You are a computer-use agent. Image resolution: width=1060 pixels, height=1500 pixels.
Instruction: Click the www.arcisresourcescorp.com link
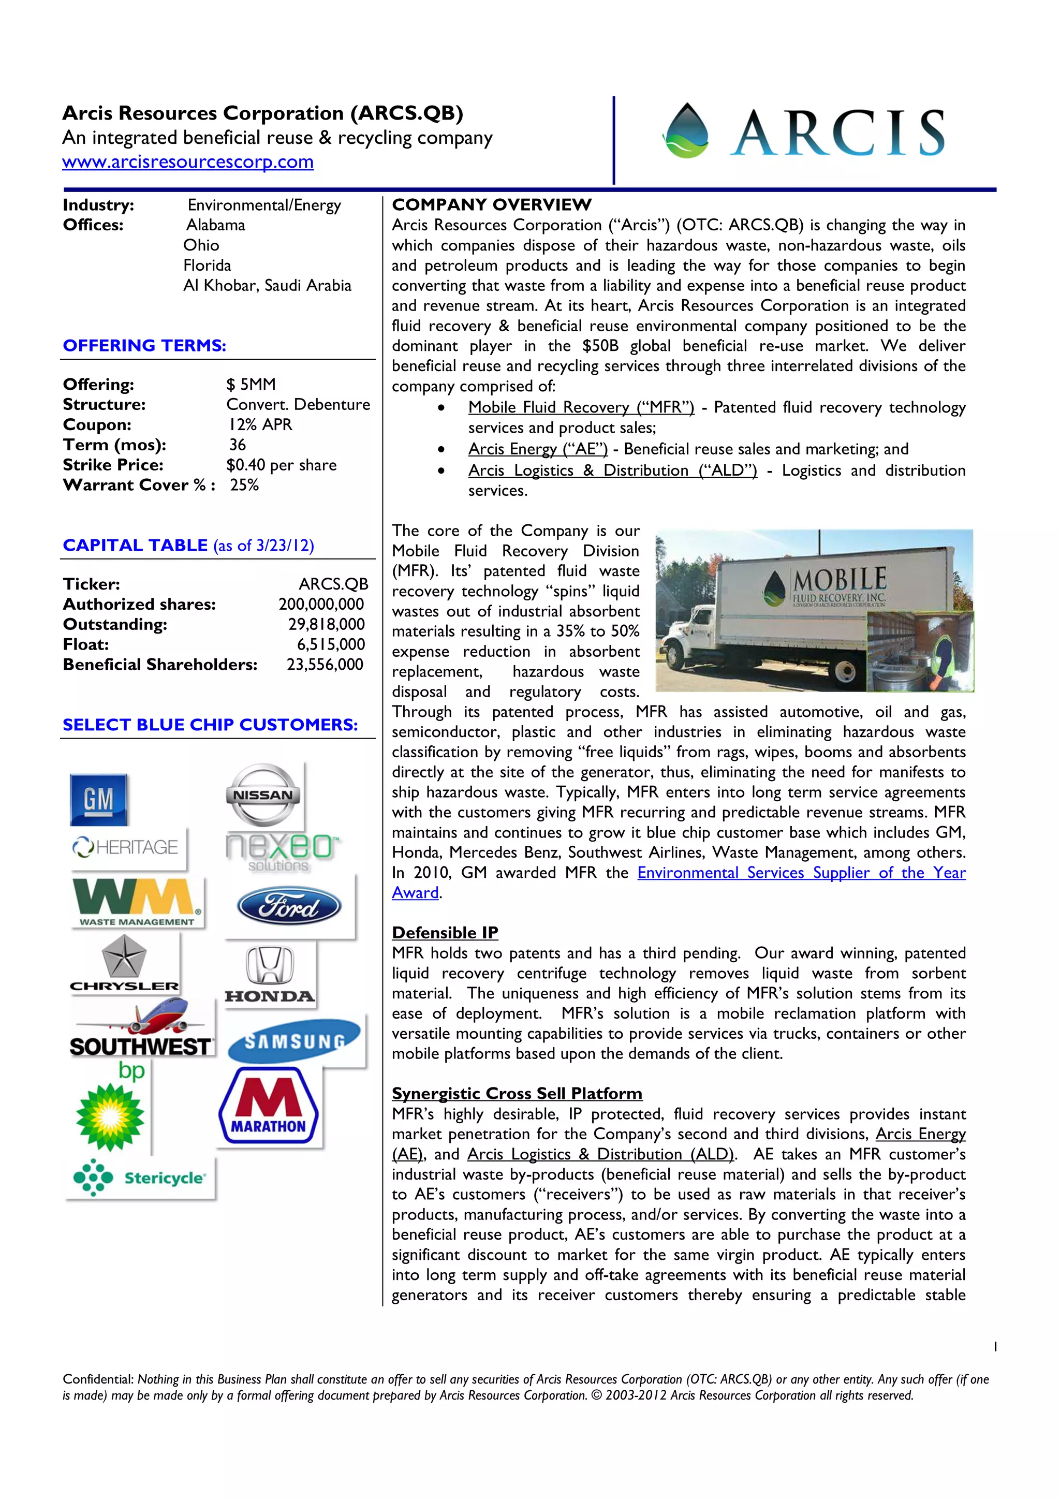[187, 162]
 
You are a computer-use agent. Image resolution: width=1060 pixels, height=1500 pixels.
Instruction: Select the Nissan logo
[263, 795]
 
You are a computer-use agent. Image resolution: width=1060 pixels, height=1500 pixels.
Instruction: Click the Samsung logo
[295, 1041]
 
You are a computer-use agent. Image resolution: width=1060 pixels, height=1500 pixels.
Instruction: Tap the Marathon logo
[269, 1106]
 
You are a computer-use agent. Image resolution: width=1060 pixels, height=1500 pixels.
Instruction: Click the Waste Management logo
[137, 902]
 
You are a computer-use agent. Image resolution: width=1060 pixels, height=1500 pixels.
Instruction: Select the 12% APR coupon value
[260, 424]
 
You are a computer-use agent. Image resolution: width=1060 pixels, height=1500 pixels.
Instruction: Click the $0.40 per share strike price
[282, 465]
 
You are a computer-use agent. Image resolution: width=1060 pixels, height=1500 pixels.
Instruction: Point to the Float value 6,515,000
[331, 645]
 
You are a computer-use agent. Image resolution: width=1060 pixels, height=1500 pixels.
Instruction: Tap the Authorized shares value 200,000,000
[321, 605]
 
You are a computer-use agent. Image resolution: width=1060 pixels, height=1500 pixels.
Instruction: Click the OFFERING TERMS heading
[144, 346]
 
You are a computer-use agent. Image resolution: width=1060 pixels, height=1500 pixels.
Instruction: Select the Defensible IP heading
[445, 932]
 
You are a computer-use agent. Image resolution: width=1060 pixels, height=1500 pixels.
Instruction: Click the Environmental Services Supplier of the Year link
[801, 873]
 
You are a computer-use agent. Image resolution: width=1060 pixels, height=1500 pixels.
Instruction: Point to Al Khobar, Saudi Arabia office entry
[267, 286]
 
